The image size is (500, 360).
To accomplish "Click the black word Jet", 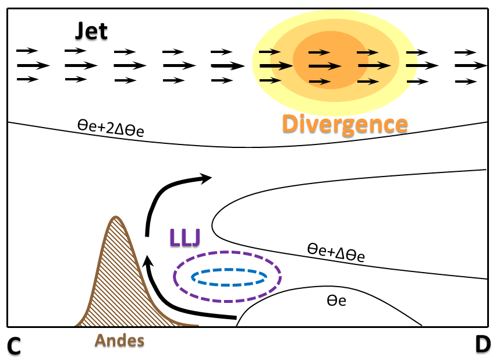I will pos(91,31).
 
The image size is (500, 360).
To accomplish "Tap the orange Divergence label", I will pos(344,124).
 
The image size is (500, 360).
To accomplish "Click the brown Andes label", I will pos(120,340).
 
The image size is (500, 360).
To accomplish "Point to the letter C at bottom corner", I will pos(14,346).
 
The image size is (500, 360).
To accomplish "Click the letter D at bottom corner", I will pos(483,345).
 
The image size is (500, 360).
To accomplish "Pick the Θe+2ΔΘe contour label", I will pos(110,126).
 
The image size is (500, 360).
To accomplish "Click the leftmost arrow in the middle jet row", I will pos(30,65).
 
